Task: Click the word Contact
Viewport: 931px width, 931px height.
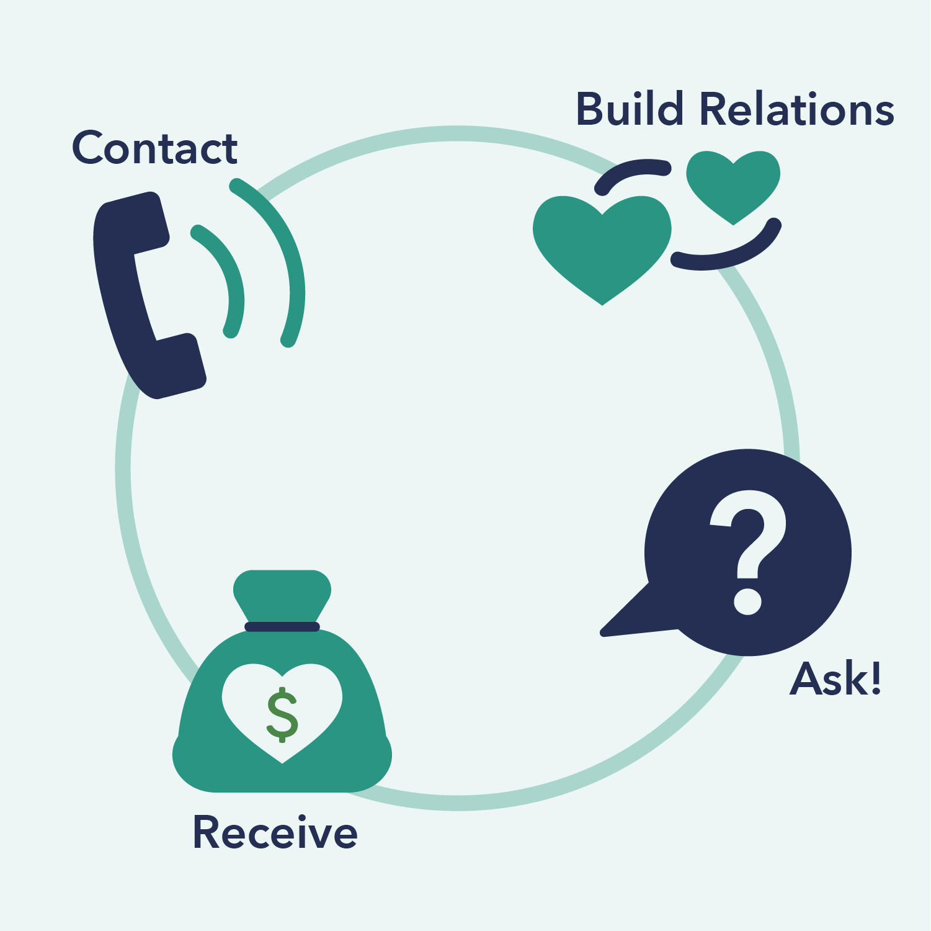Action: pos(154,149)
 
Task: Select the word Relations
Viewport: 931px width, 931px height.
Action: pos(797,109)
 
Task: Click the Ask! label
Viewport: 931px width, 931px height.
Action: pos(835,679)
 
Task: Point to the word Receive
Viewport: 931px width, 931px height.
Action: pos(275,832)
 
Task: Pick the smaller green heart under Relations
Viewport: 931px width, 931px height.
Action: pos(733,183)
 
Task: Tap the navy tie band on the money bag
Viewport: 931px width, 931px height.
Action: pos(282,626)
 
